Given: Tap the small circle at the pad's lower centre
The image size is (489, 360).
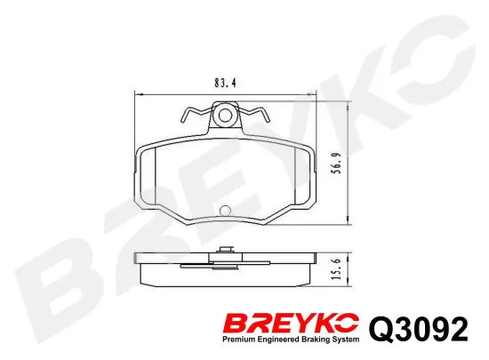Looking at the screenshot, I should pyautogui.click(x=225, y=211).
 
